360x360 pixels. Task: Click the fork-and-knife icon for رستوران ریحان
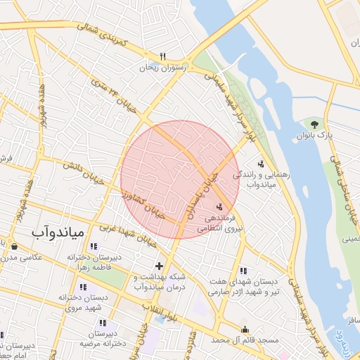tap(162, 56)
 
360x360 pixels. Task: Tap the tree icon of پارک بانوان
tap(314, 124)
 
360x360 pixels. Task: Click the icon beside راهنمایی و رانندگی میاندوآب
tap(261, 163)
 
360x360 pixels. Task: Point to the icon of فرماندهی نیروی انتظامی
tap(221, 207)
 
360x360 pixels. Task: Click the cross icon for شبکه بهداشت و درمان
tap(159, 266)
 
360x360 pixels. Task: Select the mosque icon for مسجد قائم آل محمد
tap(245, 329)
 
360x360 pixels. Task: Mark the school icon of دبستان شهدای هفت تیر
tap(243, 271)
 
